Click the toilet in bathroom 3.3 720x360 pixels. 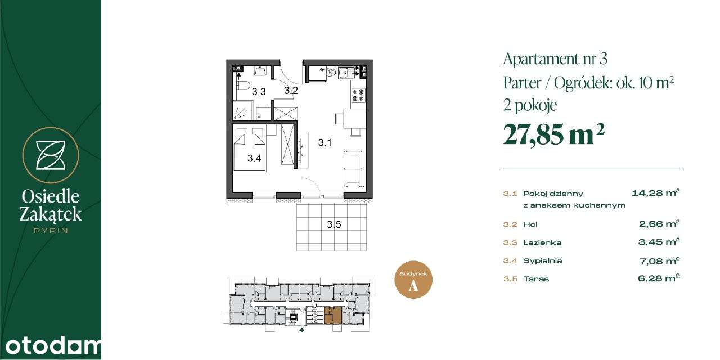(x=243, y=86)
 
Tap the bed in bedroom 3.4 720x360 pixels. (x=250, y=148)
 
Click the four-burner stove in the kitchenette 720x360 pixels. (x=358, y=96)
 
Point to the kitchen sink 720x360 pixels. (x=353, y=71)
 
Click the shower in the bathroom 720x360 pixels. (x=243, y=110)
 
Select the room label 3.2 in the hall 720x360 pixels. (x=290, y=90)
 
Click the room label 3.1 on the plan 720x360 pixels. (x=325, y=143)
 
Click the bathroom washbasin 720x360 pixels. (x=260, y=70)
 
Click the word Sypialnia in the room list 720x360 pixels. (x=542, y=261)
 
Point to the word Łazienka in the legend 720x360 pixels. (x=542, y=243)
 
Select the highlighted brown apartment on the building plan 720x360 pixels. (x=332, y=316)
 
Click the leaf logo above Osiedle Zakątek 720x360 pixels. (x=51, y=155)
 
